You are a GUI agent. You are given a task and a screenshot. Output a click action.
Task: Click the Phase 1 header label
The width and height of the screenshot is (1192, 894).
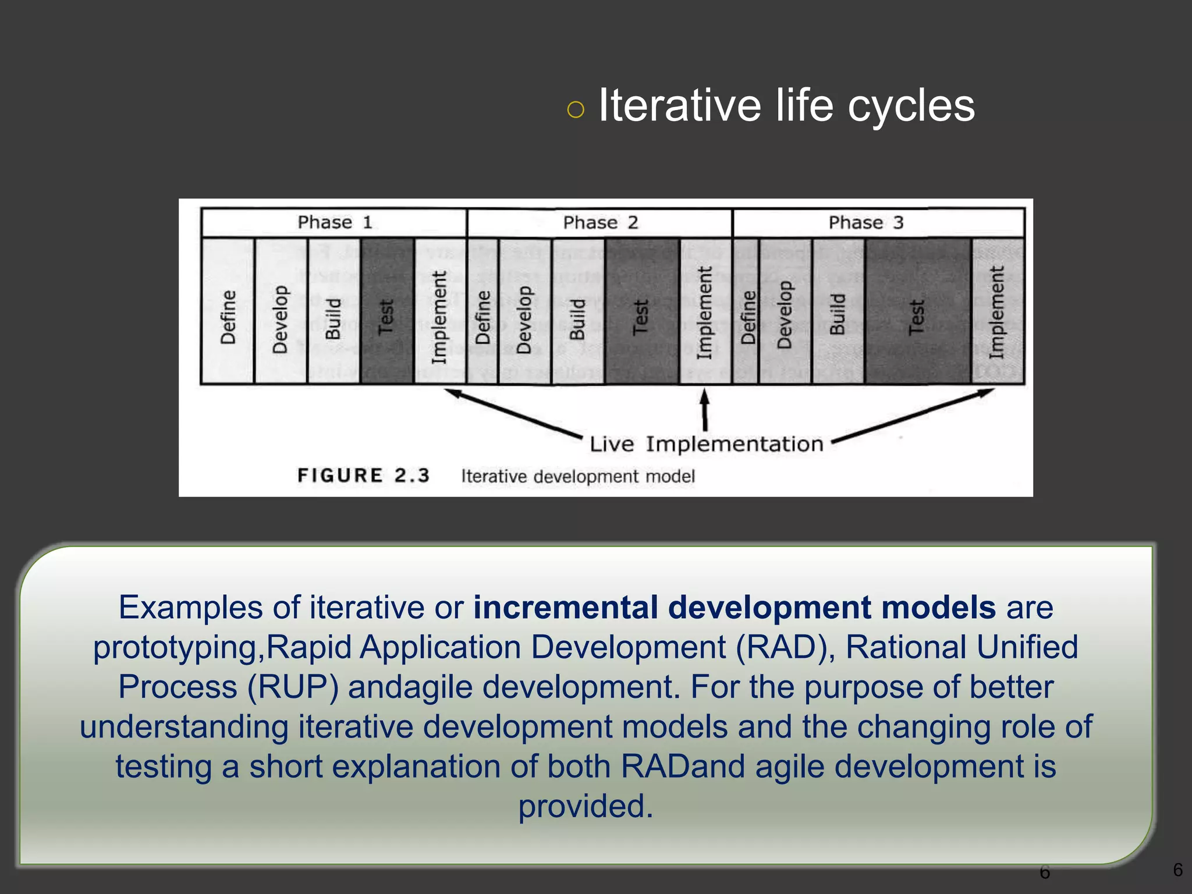pos(334,222)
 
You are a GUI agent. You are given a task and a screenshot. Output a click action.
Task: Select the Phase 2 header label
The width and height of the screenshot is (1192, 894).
pos(600,222)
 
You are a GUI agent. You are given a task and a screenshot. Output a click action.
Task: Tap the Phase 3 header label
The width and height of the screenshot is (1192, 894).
pos(865,222)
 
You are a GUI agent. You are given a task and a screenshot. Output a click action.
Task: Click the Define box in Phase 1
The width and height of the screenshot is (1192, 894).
pos(228,311)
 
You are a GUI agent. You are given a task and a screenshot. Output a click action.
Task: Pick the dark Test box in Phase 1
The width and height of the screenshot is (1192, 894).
pos(387,311)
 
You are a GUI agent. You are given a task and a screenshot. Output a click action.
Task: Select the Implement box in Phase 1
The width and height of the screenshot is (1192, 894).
pos(440,311)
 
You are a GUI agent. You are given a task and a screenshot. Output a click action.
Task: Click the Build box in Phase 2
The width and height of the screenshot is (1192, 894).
pos(577,311)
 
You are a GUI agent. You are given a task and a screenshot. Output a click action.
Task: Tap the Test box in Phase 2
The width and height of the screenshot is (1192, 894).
pos(642,311)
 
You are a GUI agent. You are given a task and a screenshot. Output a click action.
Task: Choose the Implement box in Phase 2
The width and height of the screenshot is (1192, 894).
pos(705,311)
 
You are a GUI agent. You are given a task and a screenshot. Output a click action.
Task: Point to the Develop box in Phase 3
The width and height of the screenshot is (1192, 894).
pos(785,311)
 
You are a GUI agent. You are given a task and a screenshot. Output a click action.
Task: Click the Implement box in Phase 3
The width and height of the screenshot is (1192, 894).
pos(998,311)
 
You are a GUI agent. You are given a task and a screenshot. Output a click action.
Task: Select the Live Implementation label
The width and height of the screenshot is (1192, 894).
pos(707,444)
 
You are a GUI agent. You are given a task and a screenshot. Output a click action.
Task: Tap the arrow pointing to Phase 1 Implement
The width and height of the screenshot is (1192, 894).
pos(512,413)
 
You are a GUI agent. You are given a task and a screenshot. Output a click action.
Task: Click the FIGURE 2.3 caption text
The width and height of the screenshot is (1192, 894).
pos(363,476)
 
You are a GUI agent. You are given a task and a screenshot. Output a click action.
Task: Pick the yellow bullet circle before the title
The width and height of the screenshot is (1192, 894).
pos(575,109)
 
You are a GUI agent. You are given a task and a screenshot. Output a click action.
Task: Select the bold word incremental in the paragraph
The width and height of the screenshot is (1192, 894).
pos(565,608)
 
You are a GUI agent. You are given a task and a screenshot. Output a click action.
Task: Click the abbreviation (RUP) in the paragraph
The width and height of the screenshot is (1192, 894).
pos(293,687)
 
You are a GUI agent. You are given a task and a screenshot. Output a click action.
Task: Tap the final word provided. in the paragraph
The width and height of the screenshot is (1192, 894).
pos(586,806)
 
